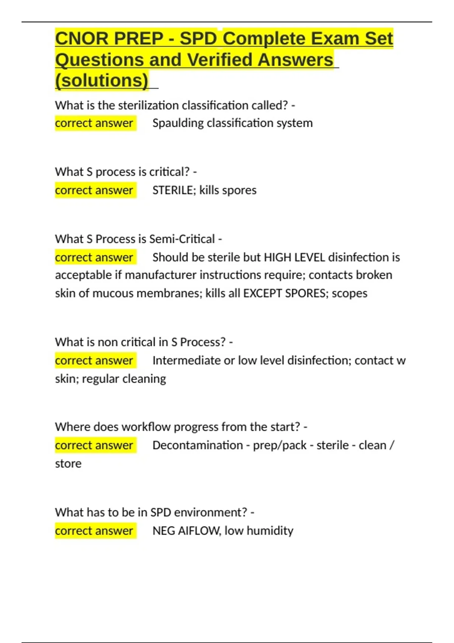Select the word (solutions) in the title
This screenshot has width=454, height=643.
102,81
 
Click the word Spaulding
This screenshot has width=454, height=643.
178,123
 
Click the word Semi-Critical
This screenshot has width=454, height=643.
182,239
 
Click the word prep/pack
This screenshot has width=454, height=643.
280,445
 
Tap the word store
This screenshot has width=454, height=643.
68,463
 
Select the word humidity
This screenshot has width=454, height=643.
270,531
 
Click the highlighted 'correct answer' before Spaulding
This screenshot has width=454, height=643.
94,123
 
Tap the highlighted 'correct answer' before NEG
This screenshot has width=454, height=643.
94,531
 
